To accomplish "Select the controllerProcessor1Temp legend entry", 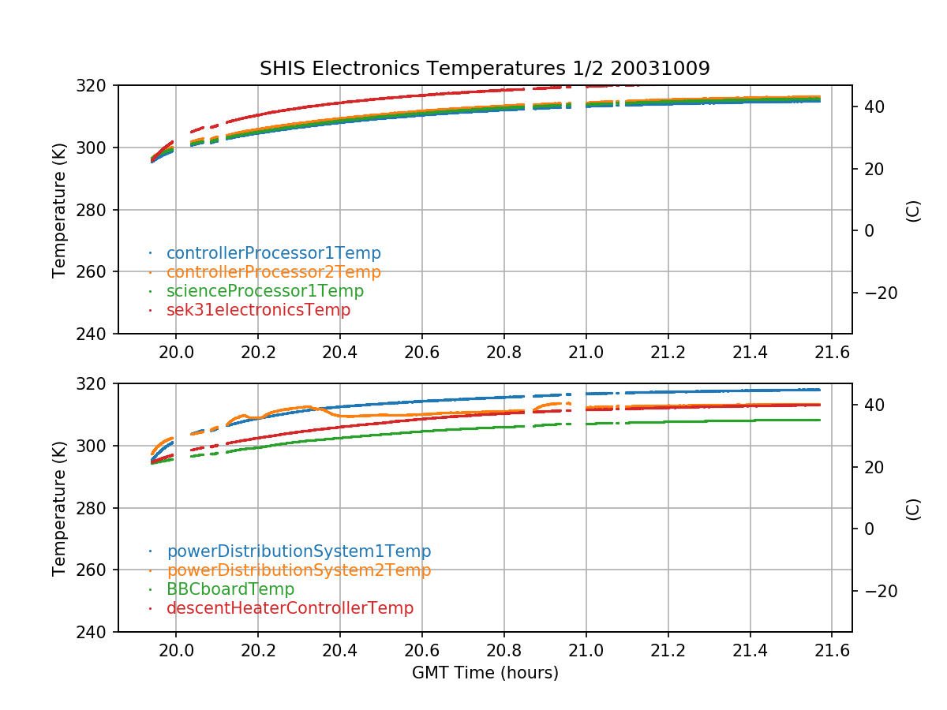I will [273, 253].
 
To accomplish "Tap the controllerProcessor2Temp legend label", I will [273, 272].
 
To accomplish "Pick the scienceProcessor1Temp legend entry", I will [264, 291].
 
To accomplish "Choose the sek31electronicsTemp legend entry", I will [258, 310].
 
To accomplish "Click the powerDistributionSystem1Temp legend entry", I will [298, 551].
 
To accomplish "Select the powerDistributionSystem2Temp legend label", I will [298, 570].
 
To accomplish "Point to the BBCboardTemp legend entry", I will [230, 589].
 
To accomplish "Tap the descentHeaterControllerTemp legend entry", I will [290, 608].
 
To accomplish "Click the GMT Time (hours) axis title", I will [485, 673].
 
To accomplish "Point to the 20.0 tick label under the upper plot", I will [176, 352].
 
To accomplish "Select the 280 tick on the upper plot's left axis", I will [97, 210].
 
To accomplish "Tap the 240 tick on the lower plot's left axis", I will [97, 632].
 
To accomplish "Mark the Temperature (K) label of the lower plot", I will [59, 507].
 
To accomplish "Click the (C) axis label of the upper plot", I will [913, 210].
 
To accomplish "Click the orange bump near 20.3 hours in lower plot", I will [304, 407].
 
